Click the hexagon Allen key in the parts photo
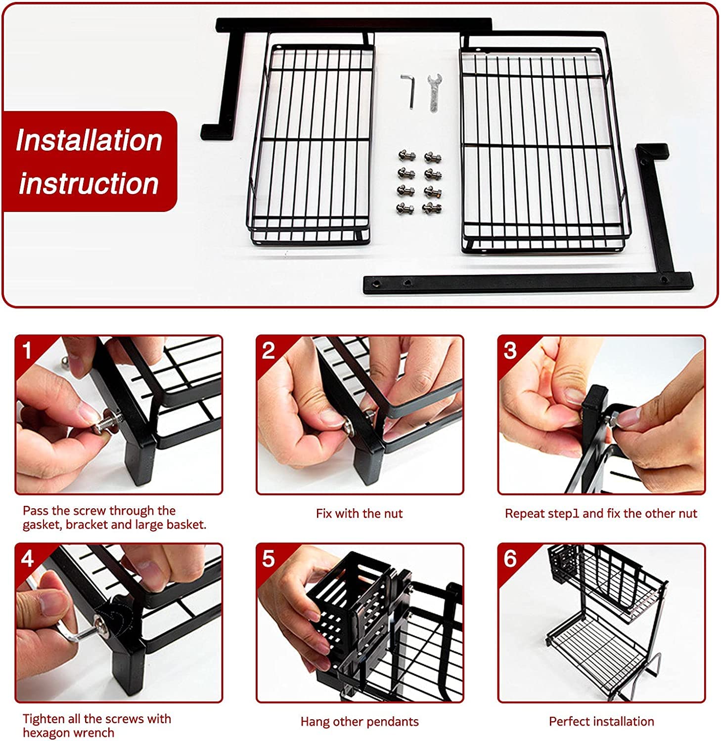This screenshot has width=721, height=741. [409, 91]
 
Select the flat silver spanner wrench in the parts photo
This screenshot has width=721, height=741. [434, 93]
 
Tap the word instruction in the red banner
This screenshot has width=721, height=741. [89, 183]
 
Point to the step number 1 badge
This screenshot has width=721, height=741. [27, 350]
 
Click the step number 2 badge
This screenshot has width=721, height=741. [268, 350]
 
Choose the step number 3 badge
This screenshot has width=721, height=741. [510, 350]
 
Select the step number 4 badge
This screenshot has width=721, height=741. [27, 559]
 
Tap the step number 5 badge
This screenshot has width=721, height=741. [268, 559]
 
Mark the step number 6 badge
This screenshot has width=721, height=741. [510, 559]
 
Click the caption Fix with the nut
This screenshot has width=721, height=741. [360, 514]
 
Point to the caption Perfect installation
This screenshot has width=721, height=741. [601, 722]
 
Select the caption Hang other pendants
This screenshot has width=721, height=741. [360, 722]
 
